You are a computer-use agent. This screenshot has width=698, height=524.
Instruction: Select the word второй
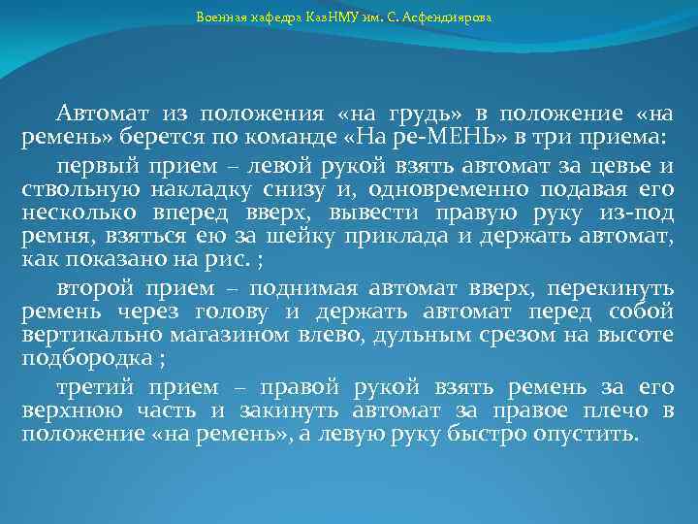pos(94,288)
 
